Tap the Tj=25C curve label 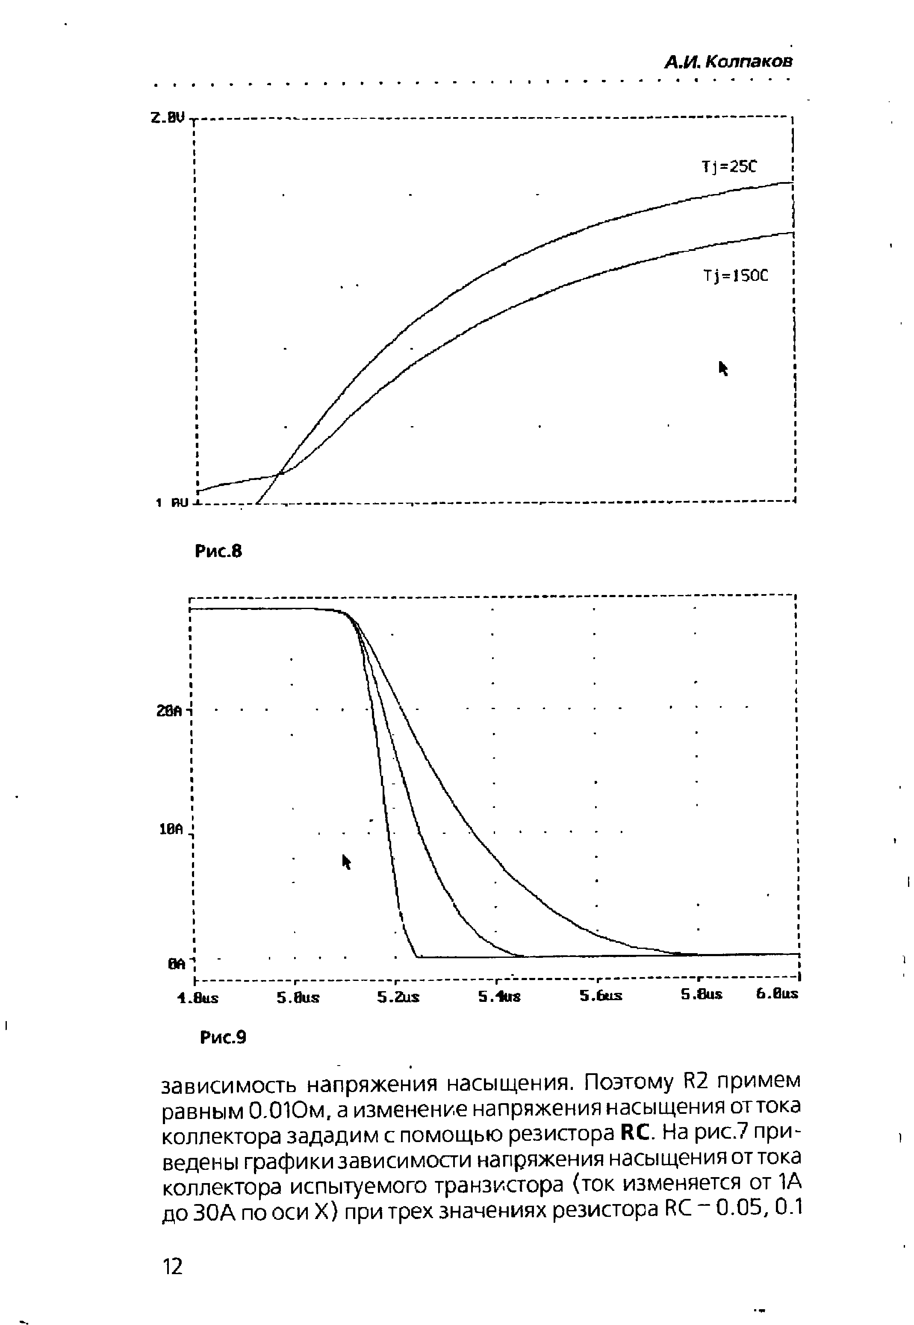coord(728,167)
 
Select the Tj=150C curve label coord(735,276)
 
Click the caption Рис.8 coord(219,551)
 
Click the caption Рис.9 coord(223,1037)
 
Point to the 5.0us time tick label coord(298,998)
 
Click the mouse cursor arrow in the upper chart coord(723,368)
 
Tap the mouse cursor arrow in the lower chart coord(346,861)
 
